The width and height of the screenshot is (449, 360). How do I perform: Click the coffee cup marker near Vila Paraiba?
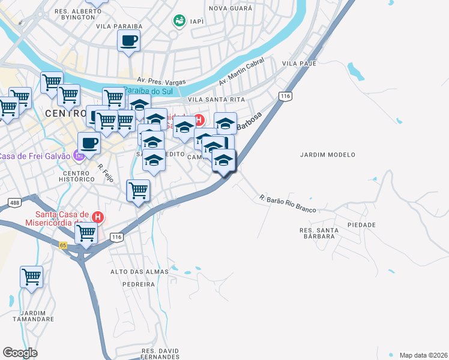[x=128, y=41]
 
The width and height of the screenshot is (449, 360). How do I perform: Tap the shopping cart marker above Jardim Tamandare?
[x=31, y=277]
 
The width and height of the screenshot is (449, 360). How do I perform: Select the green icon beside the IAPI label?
[x=178, y=21]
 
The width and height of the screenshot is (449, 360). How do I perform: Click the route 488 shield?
[x=14, y=203]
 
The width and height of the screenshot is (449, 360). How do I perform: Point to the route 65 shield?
[x=63, y=245]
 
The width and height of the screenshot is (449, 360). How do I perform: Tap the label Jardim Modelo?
[x=328, y=154]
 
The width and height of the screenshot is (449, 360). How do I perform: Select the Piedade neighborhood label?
[x=361, y=225]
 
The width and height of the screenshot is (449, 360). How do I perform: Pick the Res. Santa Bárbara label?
[x=317, y=233]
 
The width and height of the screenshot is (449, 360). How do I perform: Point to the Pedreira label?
[x=138, y=284]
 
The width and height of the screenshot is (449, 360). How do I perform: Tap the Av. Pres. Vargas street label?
[x=161, y=80]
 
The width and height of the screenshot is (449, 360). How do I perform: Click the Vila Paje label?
[x=298, y=63]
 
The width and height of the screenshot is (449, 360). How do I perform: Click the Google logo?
[x=20, y=352]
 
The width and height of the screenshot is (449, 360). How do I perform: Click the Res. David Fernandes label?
[x=160, y=353]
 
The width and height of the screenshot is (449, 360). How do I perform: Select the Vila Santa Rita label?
[x=217, y=99]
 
